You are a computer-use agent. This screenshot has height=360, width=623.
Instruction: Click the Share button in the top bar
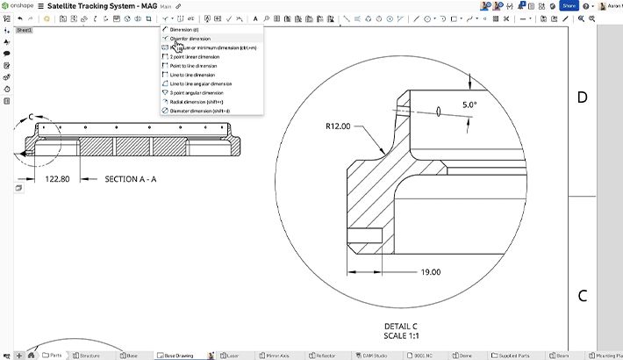click(x=569, y=5)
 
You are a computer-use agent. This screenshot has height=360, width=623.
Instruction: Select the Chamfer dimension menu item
click(x=190, y=39)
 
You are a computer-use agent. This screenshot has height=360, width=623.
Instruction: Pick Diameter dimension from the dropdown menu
click(x=200, y=111)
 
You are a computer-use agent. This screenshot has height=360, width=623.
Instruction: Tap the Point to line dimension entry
click(x=193, y=66)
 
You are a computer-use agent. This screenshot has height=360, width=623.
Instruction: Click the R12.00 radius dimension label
click(x=338, y=126)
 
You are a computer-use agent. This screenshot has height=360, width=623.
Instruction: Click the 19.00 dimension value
click(x=430, y=272)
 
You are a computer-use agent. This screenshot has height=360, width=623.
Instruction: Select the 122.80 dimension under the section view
click(x=58, y=179)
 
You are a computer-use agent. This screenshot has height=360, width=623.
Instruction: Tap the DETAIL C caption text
click(x=401, y=325)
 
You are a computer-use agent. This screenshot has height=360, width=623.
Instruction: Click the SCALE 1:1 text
click(x=401, y=335)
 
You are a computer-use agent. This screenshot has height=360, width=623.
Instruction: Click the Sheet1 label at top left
click(x=24, y=30)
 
